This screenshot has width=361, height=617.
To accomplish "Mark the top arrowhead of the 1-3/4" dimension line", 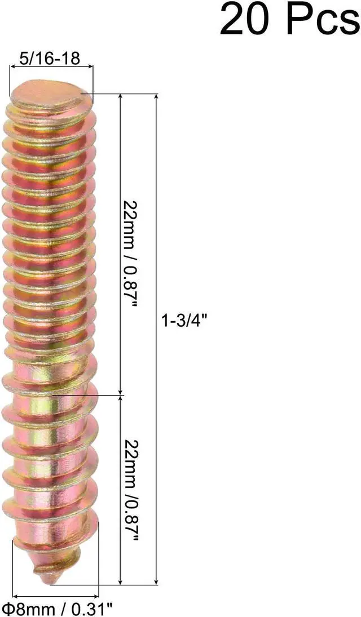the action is click(157, 97).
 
